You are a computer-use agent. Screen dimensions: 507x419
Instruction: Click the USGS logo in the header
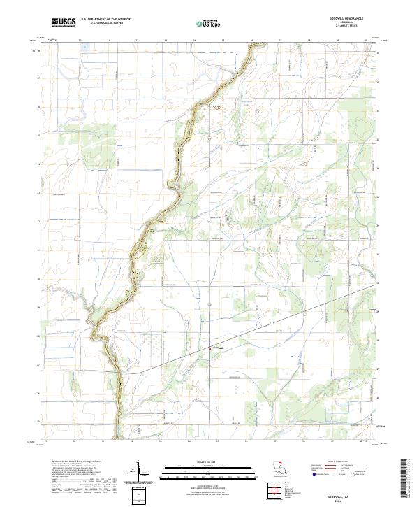coord(64,22)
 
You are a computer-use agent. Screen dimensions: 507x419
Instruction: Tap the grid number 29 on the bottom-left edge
coord(46,441)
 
